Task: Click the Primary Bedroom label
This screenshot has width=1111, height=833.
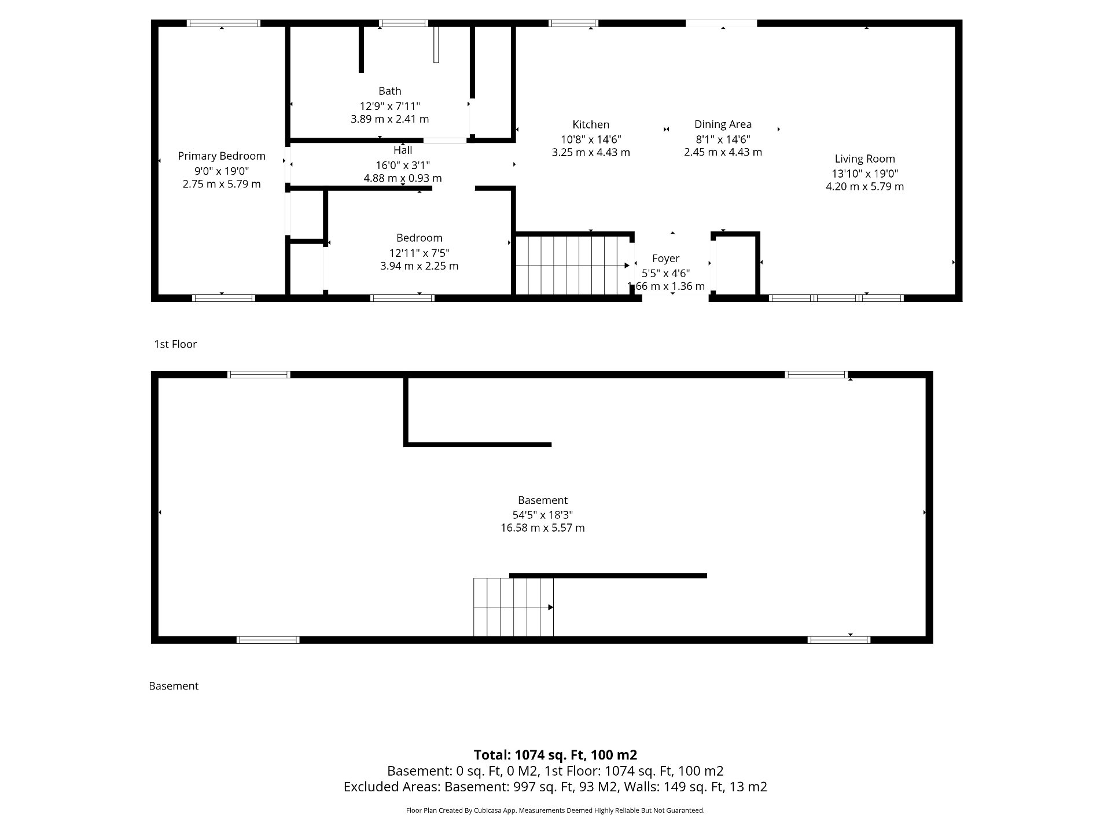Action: (222, 156)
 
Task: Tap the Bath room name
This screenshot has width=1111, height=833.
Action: (389, 91)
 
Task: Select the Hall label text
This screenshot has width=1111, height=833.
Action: (403, 150)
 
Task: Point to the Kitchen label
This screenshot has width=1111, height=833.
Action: (591, 124)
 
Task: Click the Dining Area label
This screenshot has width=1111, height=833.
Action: (723, 124)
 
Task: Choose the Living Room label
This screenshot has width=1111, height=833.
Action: (864, 159)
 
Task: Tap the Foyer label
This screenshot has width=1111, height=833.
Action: (665, 259)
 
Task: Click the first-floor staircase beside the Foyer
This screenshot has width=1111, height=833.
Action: (573, 265)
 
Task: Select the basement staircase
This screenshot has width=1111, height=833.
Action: (513, 607)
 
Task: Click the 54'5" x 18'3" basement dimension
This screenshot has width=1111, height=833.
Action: (543, 515)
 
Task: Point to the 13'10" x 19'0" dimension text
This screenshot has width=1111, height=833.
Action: (864, 174)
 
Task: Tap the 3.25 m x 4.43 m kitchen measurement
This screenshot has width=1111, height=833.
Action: (591, 153)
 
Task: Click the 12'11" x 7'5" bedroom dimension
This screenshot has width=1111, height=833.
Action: (419, 253)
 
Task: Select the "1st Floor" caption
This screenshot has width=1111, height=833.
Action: (175, 344)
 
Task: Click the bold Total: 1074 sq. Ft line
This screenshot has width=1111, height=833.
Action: (555, 755)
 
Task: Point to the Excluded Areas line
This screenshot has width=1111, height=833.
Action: (555, 787)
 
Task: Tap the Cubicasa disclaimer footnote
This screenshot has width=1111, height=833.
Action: (555, 810)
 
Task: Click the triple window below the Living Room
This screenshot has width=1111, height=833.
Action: (836, 298)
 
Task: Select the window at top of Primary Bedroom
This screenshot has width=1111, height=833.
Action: (223, 23)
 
